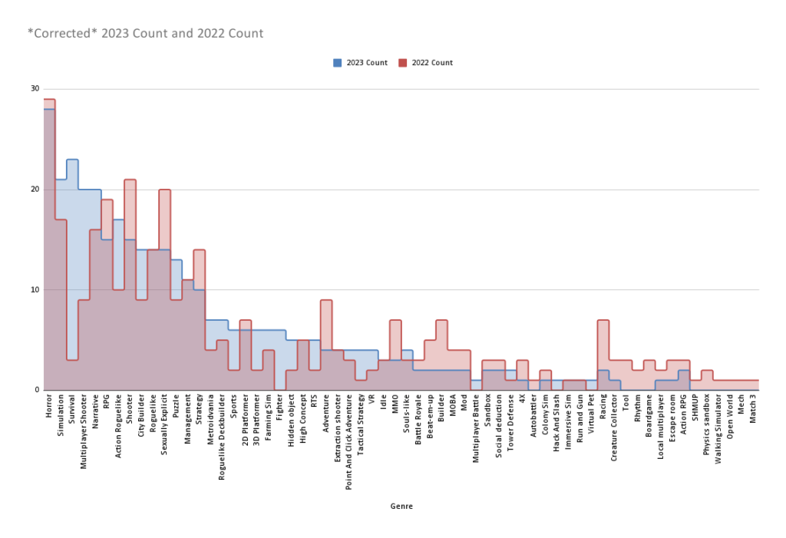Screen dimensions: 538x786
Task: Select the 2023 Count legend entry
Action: [x=361, y=63]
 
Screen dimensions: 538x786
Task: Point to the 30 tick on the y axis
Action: [x=35, y=89]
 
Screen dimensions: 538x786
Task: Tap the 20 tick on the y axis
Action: [x=35, y=190]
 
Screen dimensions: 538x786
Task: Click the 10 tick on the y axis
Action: [x=35, y=290]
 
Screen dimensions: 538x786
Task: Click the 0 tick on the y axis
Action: [x=36, y=390]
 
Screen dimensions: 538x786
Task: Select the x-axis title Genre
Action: [x=401, y=507]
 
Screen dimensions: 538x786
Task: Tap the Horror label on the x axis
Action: [x=49, y=404]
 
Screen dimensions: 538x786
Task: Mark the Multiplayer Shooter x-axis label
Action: [x=84, y=431]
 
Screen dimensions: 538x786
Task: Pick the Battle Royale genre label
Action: [x=418, y=418]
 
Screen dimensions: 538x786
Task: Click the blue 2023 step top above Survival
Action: [x=72, y=160]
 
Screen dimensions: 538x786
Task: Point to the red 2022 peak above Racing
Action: [x=603, y=320]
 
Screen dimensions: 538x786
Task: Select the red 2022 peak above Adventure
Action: [x=326, y=300]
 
